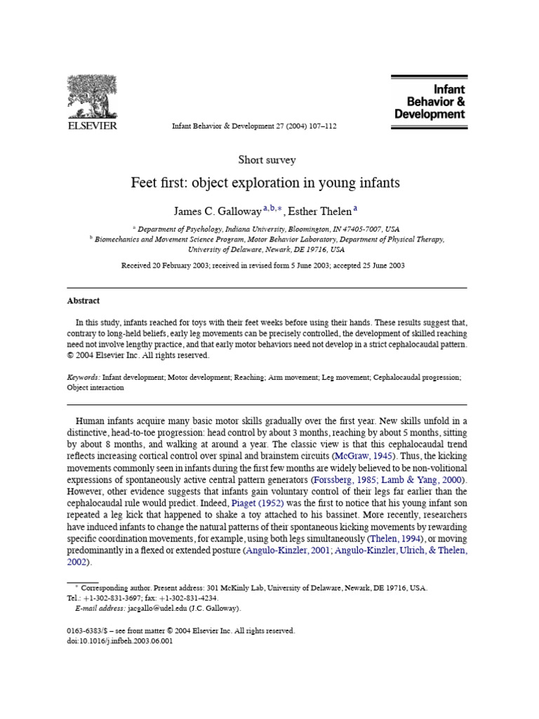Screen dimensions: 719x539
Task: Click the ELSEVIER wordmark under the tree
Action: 91,126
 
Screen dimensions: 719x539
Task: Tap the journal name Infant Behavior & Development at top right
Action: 430,102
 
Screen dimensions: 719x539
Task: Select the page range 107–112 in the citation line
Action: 322,126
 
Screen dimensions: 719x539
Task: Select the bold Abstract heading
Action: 83,301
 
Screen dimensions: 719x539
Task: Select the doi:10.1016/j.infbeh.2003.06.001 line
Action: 118,640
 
